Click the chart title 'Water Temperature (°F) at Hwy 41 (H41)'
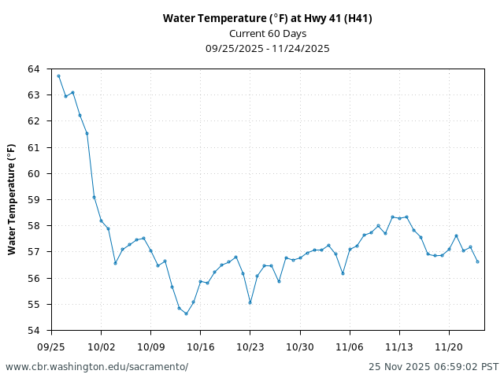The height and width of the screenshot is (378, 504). click(268, 18)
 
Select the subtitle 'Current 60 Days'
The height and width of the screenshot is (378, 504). click(268, 33)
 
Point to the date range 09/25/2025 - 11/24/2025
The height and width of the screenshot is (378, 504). click(268, 48)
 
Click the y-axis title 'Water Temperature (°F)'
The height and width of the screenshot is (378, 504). click(12, 199)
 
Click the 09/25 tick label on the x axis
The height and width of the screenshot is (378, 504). click(51, 346)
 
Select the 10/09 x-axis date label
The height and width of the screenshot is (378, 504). click(150, 346)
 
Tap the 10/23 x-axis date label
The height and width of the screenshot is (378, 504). click(250, 346)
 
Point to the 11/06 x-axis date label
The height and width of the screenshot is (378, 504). click(350, 346)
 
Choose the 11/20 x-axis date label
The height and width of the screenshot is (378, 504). click(449, 346)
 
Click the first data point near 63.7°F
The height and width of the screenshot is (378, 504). click(58, 76)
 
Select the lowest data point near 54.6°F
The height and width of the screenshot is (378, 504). click(186, 313)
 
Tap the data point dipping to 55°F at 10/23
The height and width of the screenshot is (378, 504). click(250, 302)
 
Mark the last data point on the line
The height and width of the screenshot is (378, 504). click(477, 261)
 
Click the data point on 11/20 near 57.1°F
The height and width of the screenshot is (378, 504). click(449, 250)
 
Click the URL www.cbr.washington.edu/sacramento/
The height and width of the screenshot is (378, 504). click(97, 367)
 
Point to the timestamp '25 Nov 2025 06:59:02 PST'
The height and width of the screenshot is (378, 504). click(433, 367)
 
